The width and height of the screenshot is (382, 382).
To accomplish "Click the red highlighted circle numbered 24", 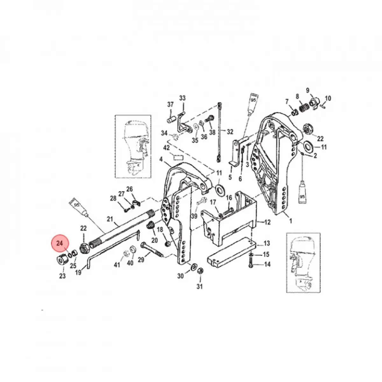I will coord(60,244).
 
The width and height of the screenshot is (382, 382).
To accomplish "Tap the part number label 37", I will coord(171,104).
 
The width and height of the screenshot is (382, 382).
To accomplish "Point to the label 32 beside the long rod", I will coord(230,131).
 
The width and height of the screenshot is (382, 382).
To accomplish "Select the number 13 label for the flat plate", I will coord(267,243).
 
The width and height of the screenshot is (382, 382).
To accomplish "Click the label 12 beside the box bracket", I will coord(267,222).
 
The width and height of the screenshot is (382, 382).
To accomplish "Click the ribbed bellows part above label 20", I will coord(149,227).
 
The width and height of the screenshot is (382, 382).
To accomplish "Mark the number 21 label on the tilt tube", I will coord(110,219).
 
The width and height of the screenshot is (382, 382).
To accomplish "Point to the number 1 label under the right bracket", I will coord(290,221).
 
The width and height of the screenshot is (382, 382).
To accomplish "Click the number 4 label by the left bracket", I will coord(161,159).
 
